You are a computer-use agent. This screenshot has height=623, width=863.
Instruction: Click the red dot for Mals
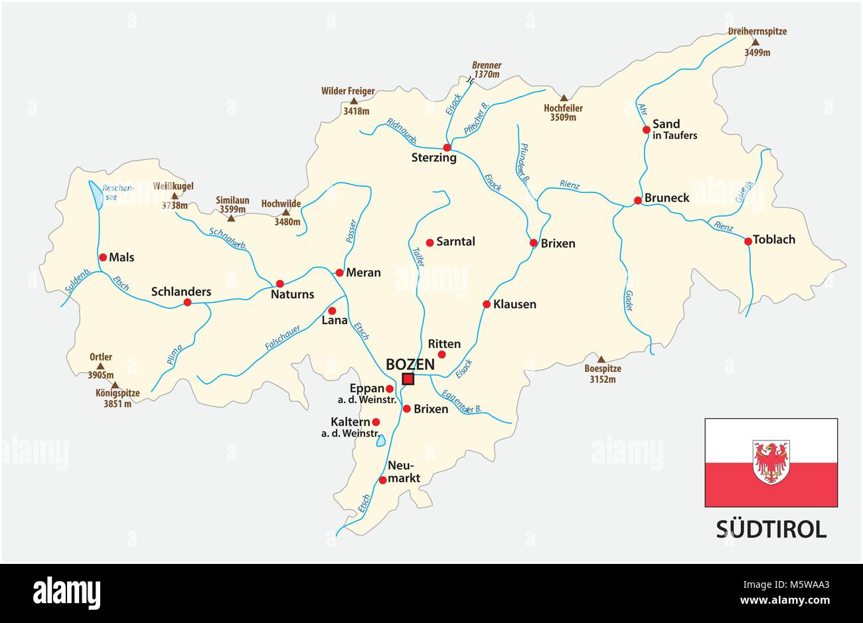coord(103,257)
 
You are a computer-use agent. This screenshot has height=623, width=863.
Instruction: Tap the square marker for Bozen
coord(408,379)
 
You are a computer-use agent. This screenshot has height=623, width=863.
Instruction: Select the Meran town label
coord(364,272)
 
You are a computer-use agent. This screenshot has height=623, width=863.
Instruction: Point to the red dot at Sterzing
coord(447,147)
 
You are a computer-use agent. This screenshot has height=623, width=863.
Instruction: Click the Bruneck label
coord(667,198)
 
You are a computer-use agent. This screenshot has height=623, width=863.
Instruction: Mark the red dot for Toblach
coord(748,241)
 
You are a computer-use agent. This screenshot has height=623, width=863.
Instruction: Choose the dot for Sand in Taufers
coord(647,130)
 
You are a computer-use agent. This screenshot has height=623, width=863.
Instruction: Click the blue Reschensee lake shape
coord(96,195)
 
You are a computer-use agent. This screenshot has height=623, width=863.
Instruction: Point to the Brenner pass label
coord(487,66)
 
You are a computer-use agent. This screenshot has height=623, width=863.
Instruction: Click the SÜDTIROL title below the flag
coord(771,529)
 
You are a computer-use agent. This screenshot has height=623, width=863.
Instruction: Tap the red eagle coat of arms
coord(771,462)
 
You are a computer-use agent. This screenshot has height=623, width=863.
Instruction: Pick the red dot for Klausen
coord(487,305)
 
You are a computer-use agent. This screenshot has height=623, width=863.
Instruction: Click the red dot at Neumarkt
coord(382,480)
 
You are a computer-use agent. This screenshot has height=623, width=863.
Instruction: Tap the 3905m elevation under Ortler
coord(101,375)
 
